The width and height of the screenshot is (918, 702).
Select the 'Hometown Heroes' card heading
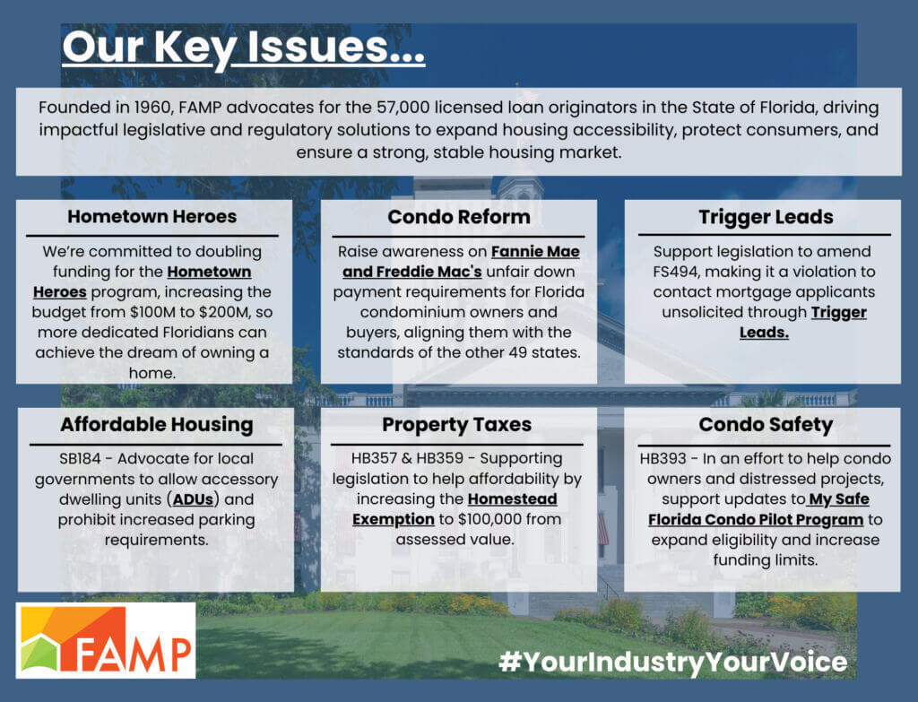pos(152,217)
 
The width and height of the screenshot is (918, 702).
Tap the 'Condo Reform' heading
pos(458,217)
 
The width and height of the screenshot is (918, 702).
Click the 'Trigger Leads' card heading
pos(766,217)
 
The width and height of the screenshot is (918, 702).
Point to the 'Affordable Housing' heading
pos(156,424)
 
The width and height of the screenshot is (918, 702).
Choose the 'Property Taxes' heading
pos(457,424)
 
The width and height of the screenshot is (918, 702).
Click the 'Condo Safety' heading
pos(766,424)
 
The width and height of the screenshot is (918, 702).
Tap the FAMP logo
pos(106,639)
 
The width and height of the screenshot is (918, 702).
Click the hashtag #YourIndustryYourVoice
pos(672,663)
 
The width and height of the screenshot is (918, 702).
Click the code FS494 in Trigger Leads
pos(681,272)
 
